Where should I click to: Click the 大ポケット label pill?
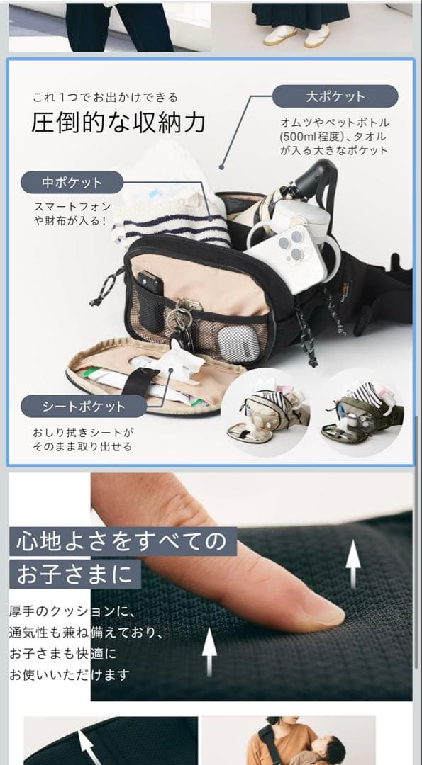coord(335,96)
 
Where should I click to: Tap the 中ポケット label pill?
coord(72,182)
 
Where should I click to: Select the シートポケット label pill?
coord(83,407)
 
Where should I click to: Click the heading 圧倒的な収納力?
coord(118,123)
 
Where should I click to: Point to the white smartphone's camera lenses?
coord(293,244)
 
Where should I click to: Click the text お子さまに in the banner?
coord(74,574)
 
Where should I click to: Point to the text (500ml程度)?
coord(307,136)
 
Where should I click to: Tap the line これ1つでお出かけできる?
coord(104,97)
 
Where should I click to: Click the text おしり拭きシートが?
coord(83,432)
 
